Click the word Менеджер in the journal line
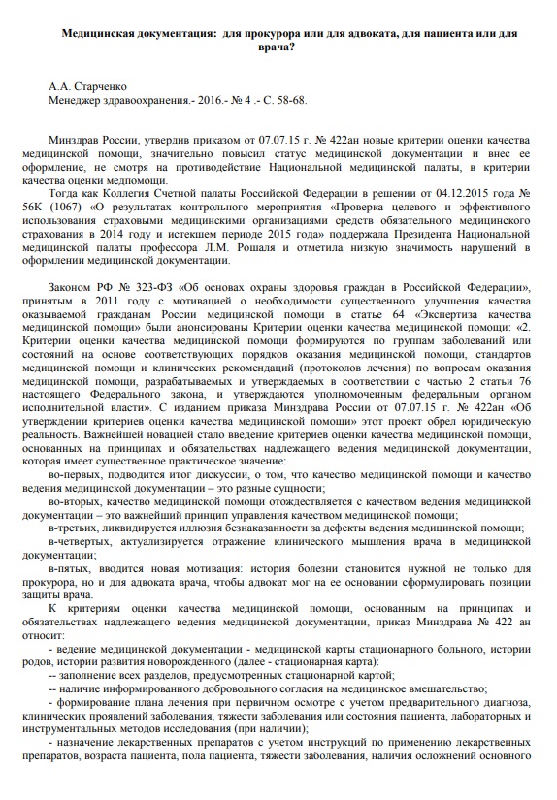[x=78, y=100]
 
